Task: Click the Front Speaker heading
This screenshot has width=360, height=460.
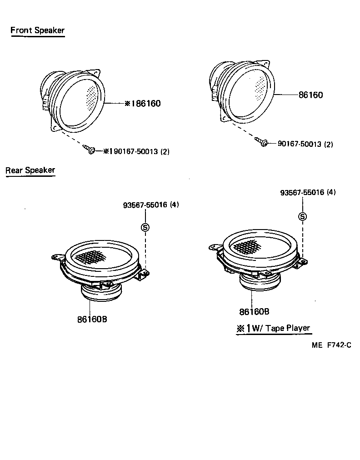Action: (37, 31)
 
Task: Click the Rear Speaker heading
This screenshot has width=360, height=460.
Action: (30, 170)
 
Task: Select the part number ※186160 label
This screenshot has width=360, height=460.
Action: (142, 104)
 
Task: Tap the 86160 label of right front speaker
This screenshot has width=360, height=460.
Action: (310, 95)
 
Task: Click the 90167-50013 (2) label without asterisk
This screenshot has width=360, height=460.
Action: (305, 144)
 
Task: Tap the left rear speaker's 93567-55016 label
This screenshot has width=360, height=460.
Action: (150, 205)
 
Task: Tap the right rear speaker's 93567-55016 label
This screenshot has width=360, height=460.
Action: (308, 193)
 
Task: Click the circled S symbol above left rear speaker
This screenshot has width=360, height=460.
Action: (145, 227)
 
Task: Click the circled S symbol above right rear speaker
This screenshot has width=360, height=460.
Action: (302, 216)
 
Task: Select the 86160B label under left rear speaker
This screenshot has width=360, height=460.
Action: (92, 319)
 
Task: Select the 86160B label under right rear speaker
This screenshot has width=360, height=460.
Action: (254, 312)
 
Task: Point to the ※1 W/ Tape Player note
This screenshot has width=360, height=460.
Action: (273, 329)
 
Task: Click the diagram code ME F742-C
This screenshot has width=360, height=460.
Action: (331, 345)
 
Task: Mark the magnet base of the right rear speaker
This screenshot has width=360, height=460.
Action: (259, 282)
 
